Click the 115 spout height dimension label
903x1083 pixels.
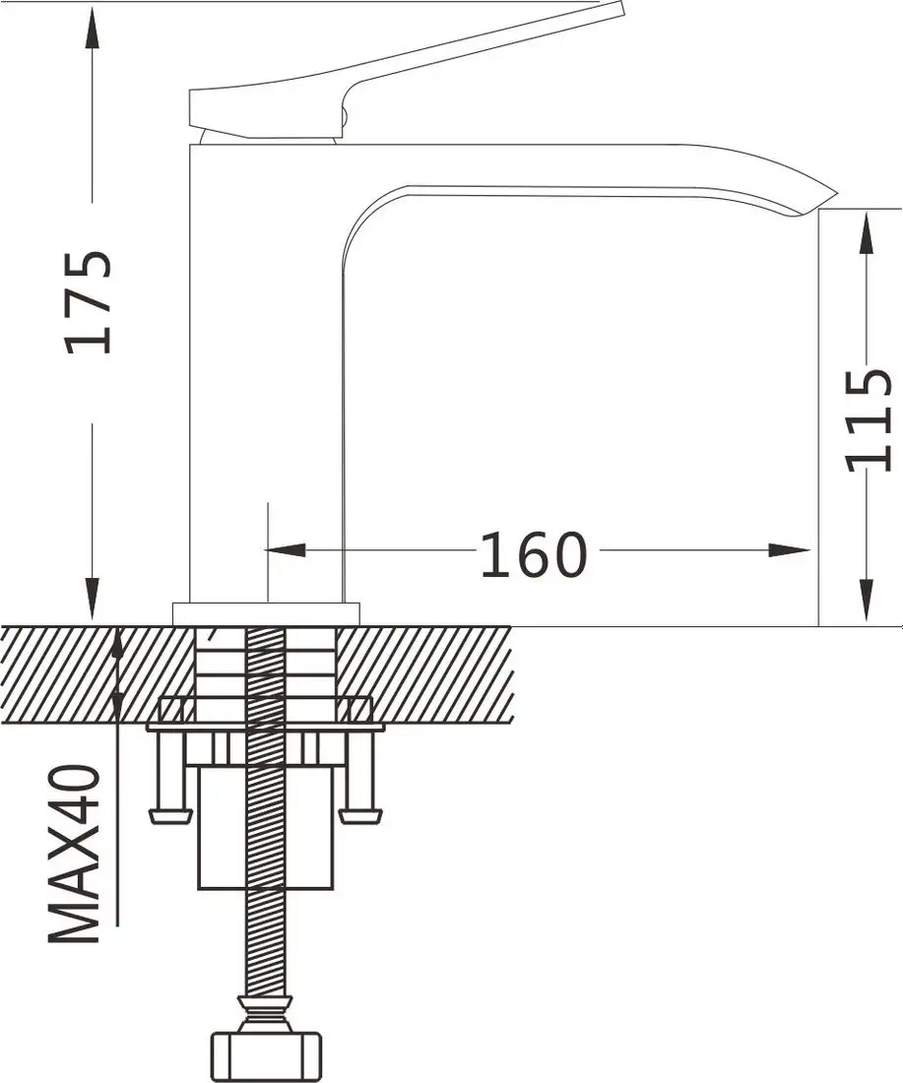869,418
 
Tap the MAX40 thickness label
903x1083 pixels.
77,853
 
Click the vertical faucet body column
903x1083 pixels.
264,374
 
